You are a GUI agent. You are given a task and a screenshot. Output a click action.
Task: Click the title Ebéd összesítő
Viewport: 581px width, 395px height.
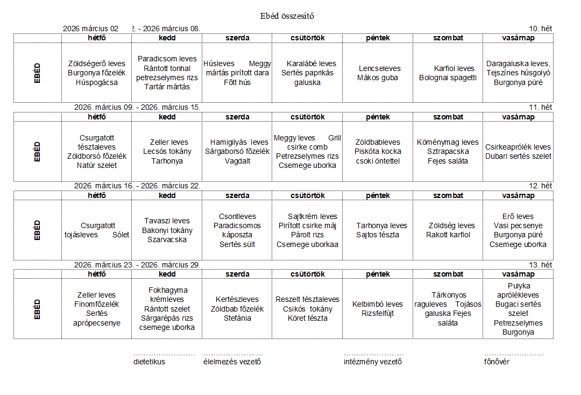coord(287,16)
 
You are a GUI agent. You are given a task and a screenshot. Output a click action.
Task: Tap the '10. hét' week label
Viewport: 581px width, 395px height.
coord(541,29)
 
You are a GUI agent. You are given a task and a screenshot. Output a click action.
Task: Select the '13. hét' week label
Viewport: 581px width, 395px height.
coord(541,265)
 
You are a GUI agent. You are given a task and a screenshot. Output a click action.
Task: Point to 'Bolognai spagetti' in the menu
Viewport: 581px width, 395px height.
coord(448,77)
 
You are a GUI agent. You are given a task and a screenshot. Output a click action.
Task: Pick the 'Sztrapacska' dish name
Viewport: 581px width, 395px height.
coord(448,151)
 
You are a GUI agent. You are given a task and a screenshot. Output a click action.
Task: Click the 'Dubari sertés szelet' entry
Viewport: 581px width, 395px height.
coord(518,156)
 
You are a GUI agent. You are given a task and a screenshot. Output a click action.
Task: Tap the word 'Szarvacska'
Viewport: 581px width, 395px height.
coord(167,239)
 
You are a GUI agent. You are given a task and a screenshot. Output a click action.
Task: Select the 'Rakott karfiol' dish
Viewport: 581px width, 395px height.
coord(448,235)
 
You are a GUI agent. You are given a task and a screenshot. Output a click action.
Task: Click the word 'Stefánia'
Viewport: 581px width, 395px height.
coord(237,318)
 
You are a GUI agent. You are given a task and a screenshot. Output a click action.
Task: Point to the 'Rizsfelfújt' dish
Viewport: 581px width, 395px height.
coord(378,313)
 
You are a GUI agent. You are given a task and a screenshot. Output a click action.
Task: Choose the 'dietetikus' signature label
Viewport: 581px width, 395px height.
coord(150,362)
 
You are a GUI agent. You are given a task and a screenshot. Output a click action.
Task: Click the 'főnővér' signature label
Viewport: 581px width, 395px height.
coord(497,362)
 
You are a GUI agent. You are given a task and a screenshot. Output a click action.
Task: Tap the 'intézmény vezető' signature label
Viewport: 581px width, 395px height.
coord(373,362)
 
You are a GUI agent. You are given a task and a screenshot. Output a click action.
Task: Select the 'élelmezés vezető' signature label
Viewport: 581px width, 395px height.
coord(232,362)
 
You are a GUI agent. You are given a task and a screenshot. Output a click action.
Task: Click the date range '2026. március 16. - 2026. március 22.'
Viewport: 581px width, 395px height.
coord(137,186)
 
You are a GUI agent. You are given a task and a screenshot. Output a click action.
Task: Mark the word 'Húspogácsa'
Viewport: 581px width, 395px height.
coord(97,82)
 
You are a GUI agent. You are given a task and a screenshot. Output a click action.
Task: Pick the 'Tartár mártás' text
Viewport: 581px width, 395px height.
coord(167,87)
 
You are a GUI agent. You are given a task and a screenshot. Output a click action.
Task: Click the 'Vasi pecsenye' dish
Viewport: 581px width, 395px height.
coord(518,225)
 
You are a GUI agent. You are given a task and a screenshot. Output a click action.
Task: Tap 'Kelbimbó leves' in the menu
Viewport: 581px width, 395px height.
coord(378,304)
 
